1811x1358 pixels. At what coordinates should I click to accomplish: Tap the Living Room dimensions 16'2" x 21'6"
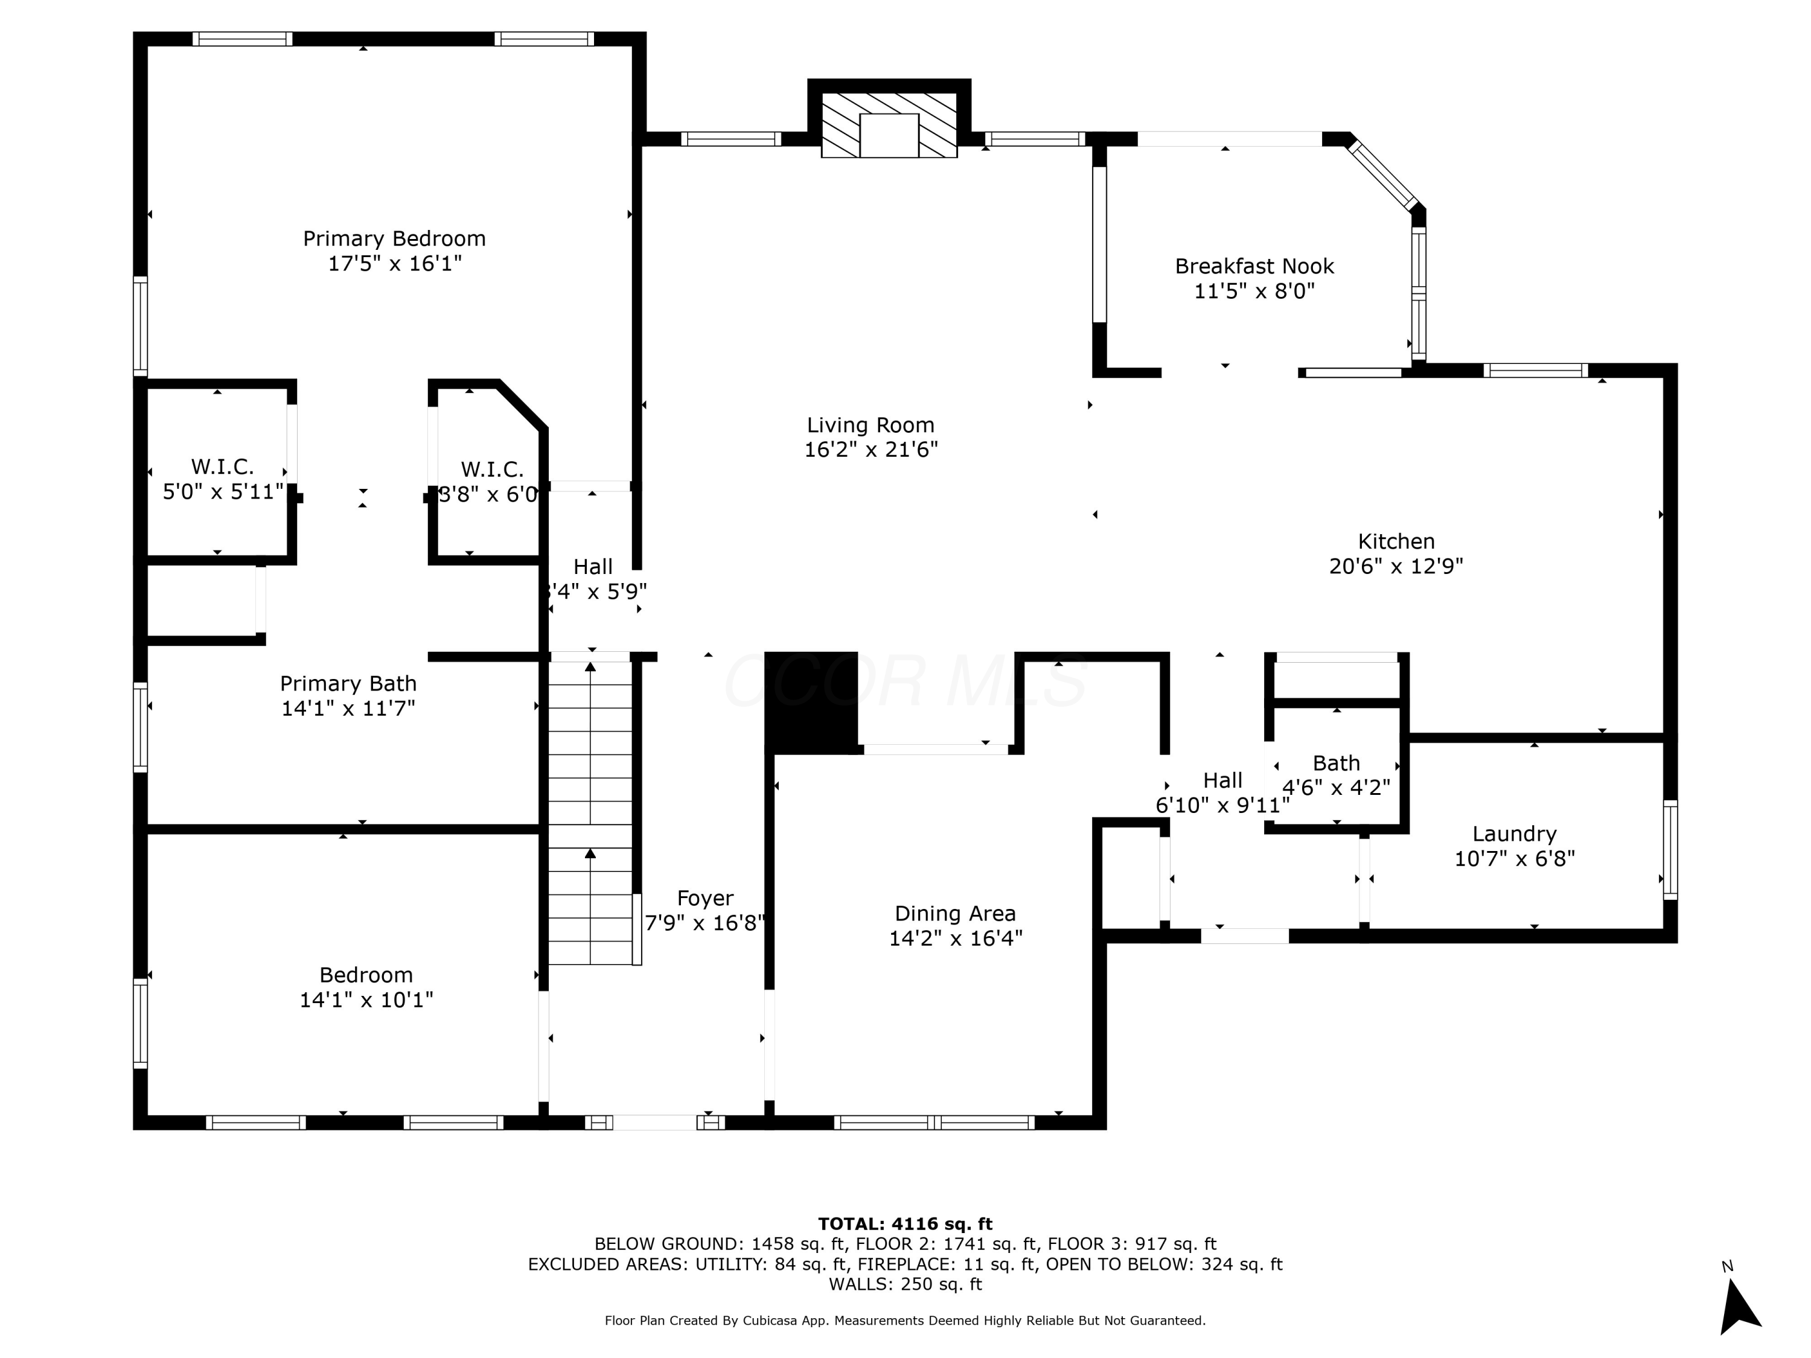pos(870,450)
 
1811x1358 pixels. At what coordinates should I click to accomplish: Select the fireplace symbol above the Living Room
pos(889,124)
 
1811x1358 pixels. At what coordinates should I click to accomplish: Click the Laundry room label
pos(1514,834)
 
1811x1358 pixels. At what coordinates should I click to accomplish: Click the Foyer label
pos(705,898)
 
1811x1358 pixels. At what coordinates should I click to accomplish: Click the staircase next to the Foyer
pos(589,811)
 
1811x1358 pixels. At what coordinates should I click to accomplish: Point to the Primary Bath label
pos(348,683)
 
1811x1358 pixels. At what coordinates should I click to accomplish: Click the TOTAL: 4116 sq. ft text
pos(905,1224)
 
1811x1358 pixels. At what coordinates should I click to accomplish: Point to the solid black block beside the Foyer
pos(811,701)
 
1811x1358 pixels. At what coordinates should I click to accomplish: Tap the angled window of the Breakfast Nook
pos(1383,174)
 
